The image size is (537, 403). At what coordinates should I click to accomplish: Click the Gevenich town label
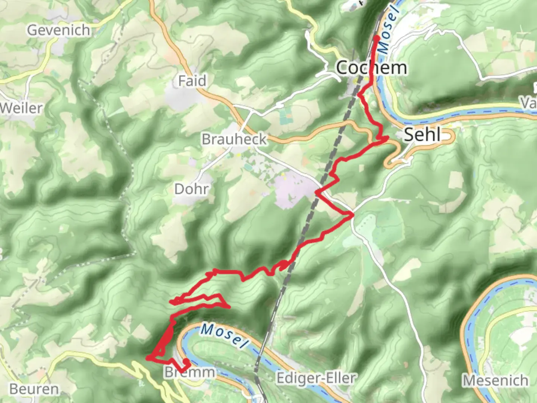pyautogui.click(x=59, y=30)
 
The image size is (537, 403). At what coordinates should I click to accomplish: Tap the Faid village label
pyautogui.click(x=192, y=81)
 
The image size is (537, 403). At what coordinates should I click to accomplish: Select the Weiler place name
pyautogui.click(x=21, y=108)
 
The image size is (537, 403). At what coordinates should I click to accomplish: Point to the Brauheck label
pyautogui.click(x=234, y=139)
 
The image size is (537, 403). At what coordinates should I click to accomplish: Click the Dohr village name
pyautogui.click(x=191, y=189)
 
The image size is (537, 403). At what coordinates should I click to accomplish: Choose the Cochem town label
pyautogui.click(x=371, y=68)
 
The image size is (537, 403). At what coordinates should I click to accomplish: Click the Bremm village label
pyautogui.click(x=190, y=372)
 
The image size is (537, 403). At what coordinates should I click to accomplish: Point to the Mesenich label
pyautogui.click(x=495, y=381)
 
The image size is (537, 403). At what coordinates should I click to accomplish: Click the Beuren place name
pyautogui.click(x=34, y=389)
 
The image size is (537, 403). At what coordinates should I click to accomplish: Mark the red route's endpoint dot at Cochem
pyautogui.click(x=376, y=38)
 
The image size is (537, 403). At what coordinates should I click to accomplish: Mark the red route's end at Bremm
pyautogui.click(x=186, y=362)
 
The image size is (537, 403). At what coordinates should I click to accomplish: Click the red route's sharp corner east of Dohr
pyautogui.click(x=352, y=215)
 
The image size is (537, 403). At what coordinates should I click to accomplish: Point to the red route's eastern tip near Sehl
pyautogui.click(x=387, y=138)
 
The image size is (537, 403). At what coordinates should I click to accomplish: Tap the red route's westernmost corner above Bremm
pyautogui.click(x=148, y=358)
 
